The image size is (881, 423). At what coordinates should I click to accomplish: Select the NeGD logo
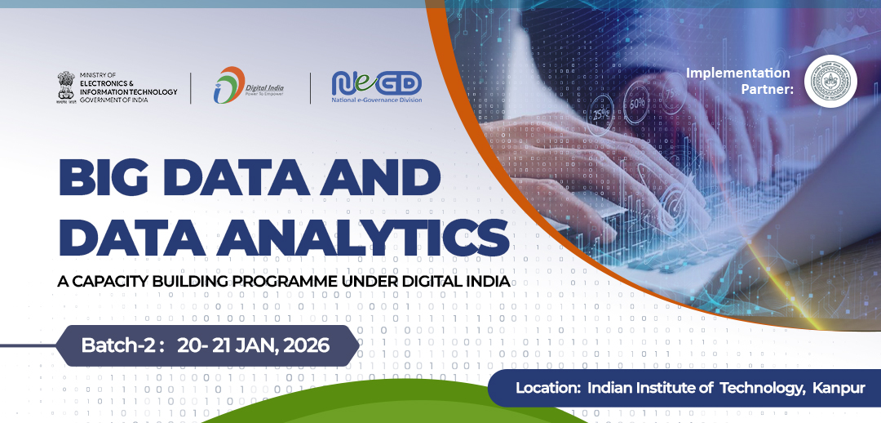(x=376, y=82)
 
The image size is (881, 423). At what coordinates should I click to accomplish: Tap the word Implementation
(x=738, y=73)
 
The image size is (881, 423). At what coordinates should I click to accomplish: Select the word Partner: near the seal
(x=768, y=89)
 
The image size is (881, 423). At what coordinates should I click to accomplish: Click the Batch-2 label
(x=118, y=345)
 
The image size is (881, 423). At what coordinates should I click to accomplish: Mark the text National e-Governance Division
(x=376, y=101)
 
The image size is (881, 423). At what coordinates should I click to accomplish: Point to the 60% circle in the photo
(x=637, y=104)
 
